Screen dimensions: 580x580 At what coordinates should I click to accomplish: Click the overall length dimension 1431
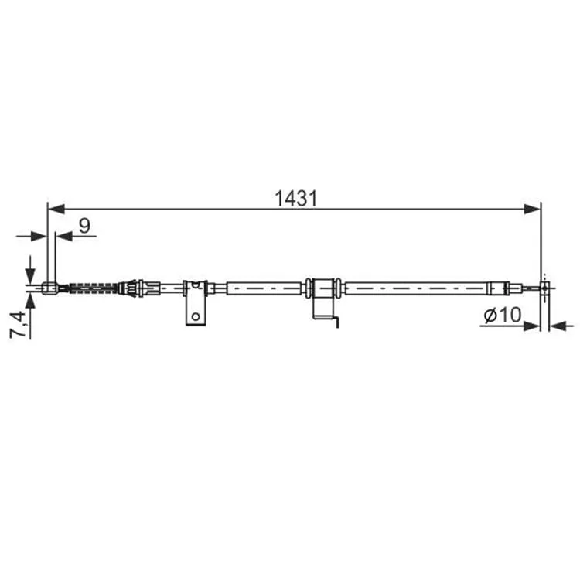[295, 199]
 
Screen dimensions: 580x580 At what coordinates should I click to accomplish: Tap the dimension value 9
[85, 225]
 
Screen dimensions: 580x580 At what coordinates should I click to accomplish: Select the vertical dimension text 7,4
[18, 324]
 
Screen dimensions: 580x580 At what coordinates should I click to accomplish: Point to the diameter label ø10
[503, 315]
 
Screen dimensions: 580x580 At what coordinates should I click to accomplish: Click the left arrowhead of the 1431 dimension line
[56, 209]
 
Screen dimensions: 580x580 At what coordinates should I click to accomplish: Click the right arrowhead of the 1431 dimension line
[532, 209]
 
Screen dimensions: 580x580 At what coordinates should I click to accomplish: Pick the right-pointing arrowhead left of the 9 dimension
[39, 236]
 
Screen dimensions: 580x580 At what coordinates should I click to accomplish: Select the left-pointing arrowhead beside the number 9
[63, 236]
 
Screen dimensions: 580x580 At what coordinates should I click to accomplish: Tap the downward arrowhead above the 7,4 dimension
[30, 276]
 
